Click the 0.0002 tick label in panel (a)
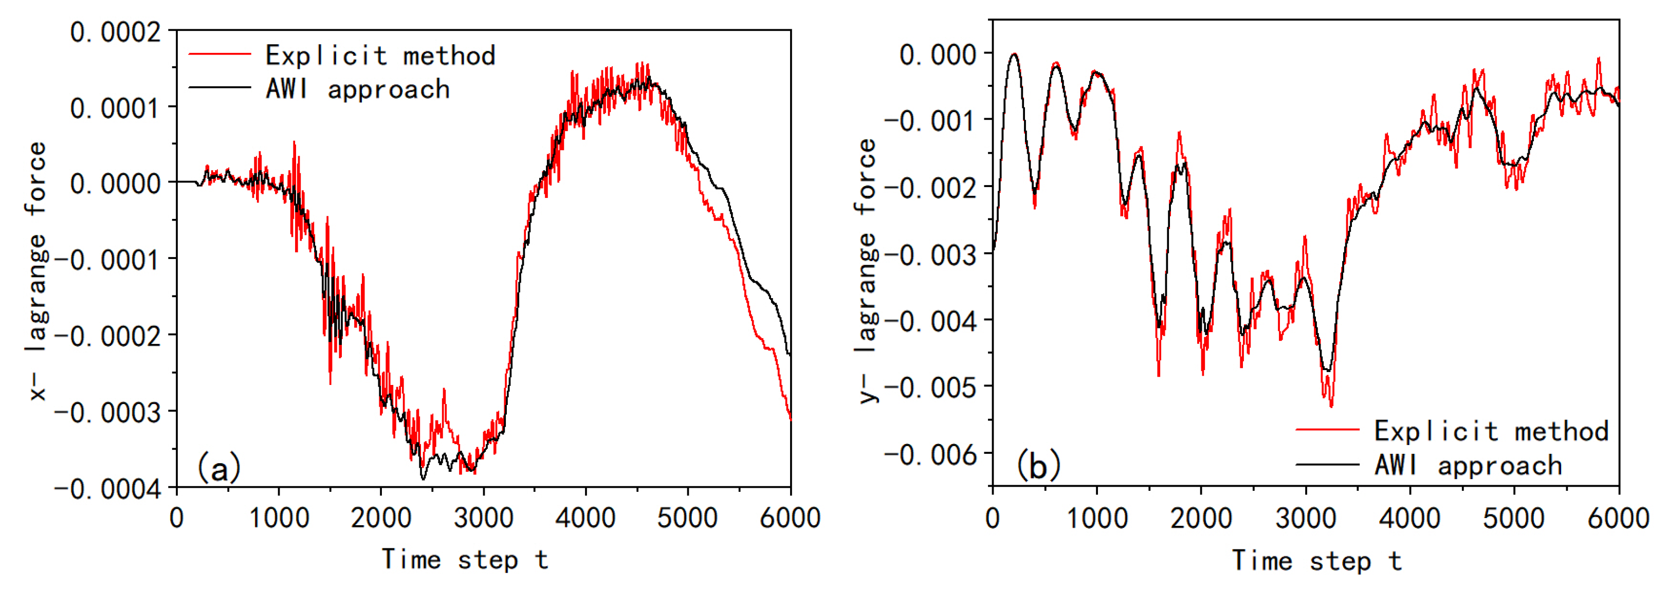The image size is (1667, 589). coord(115,32)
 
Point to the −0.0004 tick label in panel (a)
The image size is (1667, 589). coord(107,489)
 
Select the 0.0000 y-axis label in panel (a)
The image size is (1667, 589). coord(115,185)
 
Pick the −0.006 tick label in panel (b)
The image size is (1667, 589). coord(930,455)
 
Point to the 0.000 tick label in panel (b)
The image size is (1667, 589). coord(938,55)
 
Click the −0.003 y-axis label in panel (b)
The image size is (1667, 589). coord(930,255)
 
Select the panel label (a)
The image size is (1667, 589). coord(219,467)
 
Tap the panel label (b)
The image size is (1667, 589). coord(1038,465)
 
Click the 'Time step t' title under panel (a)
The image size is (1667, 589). coord(465,560)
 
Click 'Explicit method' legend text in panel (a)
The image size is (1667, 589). coord(380,56)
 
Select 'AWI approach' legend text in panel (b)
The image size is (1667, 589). coord(1468,465)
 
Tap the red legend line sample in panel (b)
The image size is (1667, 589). coord(1327,429)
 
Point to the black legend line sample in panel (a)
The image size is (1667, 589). coord(219,87)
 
